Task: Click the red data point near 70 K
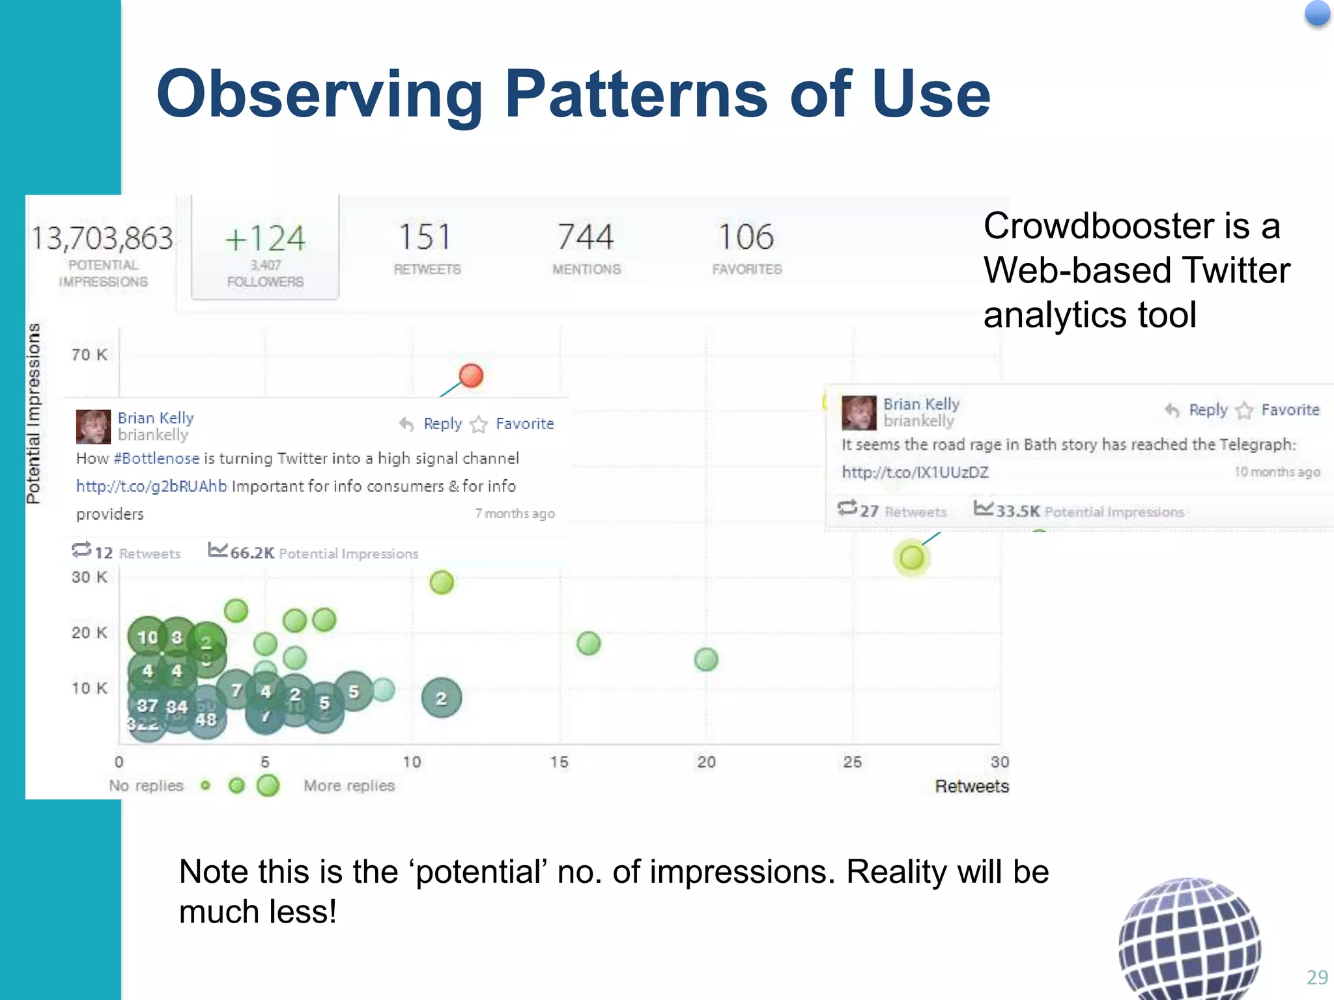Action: point(471,376)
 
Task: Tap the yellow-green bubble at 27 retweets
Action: point(911,557)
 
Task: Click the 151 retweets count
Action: point(425,237)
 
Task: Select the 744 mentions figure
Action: point(586,237)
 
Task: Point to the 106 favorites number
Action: point(746,237)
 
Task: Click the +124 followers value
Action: point(265,238)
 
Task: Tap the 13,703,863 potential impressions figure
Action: point(102,238)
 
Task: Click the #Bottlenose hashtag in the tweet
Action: point(156,458)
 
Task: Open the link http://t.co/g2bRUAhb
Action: point(151,486)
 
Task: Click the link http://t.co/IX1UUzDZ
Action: point(915,472)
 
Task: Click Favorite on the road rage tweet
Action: point(1290,410)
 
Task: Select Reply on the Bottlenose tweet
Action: point(442,424)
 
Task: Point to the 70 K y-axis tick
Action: point(89,355)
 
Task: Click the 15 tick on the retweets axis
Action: point(559,762)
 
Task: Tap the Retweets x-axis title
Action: point(971,786)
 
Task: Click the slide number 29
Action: point(1317,977)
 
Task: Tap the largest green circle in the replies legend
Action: point(268,786)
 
